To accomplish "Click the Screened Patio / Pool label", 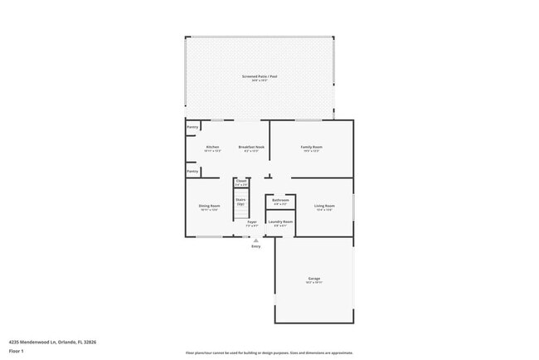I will pyautogui.click(x=260, y=76).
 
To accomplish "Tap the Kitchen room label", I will pyautogui.click(x=212, y=147).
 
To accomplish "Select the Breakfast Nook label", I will pyautogui.click(x=251, y=147).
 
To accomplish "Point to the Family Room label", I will pyautogui.click(x=312, y=147).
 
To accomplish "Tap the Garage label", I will pyautogui.click(x=314, y=279).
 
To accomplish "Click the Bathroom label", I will pyautogui.click(x=280, y=200).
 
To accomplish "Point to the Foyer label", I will pyautogui.click(x=252, y=222).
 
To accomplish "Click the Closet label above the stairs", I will pyautogui.click(x=241, y=181).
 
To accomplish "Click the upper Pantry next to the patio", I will pyautogui.click(x=192, y=127).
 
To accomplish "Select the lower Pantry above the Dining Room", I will pyautogui.click(x=192, y=172).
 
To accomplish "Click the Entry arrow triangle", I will pyautogui.click(x=255, y=241).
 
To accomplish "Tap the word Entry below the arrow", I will pyautogui.click(x=255, y=246).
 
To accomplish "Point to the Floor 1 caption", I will pyautogui.click(x=17, y=351).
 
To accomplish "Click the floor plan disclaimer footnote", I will pyautogui.click(x=269, y=352).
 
